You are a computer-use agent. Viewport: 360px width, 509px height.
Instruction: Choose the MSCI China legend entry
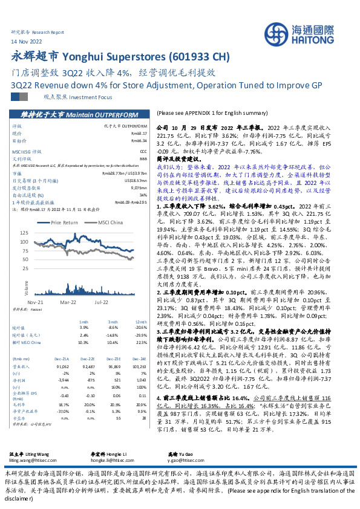[108, 222]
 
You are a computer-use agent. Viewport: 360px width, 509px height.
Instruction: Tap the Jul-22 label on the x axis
[100, 300]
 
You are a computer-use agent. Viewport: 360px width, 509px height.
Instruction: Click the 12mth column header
[142, 322]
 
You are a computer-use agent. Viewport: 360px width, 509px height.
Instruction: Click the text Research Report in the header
[48, 31]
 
